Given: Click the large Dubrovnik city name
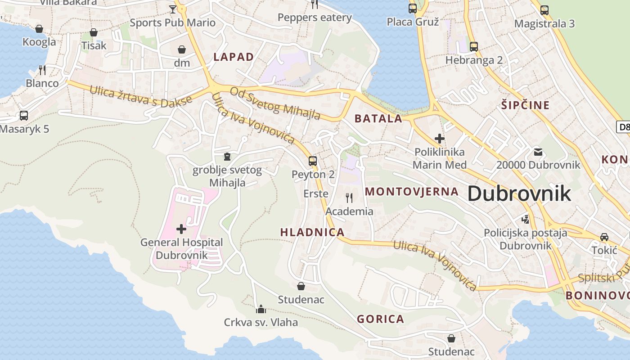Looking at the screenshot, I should (519, 193).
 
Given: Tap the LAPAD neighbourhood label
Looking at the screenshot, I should (234, 57).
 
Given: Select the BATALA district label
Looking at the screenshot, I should (378, 119).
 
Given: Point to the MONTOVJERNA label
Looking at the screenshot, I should (411, 192).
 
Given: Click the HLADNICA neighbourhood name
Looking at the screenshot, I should (312, 233).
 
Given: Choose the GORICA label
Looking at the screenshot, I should (380, 319).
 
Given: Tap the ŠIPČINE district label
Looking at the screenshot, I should (525, 105).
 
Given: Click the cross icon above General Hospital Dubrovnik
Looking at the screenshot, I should (181, 229).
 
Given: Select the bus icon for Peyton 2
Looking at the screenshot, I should (313, 161).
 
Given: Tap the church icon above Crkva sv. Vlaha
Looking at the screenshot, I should (261, 309).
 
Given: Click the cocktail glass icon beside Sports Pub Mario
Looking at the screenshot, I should (173, 9).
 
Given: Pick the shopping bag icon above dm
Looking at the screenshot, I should (182, 49).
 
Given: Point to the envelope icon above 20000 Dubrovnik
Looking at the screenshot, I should (538, 152).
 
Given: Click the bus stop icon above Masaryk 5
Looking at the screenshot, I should (24, 116).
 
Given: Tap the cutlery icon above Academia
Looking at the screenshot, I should (349, 198).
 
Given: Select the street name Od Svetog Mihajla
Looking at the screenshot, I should (275, 103).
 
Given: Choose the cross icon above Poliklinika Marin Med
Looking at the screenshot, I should (439, 139).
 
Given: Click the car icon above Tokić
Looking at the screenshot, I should (604, 237).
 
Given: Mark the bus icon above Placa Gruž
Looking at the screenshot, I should (412, 8).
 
